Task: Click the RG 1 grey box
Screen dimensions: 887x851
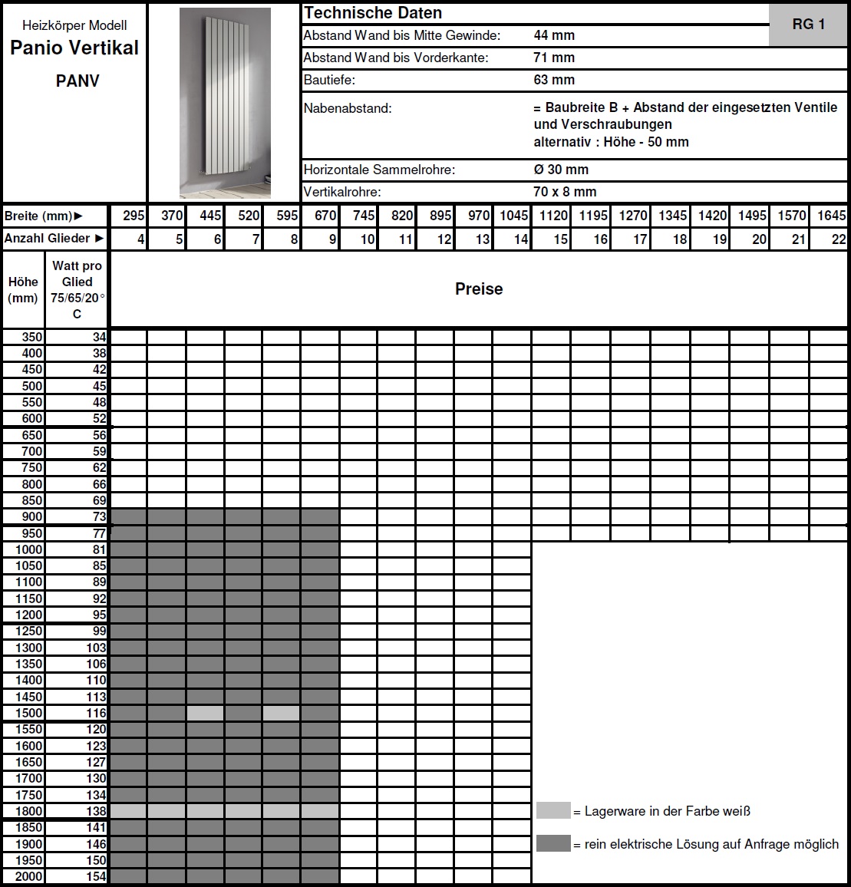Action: point(808,25)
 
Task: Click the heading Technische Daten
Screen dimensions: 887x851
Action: point(373,13)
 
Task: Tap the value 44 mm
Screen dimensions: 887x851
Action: point(554,35)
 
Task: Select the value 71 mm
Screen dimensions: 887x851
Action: point(554,58)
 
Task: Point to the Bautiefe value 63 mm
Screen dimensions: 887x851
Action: point(554,80)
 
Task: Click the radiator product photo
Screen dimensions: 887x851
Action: point(224,102)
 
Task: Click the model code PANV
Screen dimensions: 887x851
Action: point(78,81)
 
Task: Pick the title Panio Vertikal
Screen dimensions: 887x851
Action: point(74,48)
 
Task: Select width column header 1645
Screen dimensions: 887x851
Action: point(831,216)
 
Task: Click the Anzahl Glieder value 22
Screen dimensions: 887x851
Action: point(839,239)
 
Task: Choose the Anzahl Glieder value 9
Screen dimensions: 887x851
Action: point(332,239)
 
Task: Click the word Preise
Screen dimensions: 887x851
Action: point(479,289)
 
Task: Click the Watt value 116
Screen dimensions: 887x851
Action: point(96,713)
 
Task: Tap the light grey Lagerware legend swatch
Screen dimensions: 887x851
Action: point(553,811)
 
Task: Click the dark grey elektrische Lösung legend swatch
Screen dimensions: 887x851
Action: point(553,844)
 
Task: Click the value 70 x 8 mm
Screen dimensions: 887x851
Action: point(565,192)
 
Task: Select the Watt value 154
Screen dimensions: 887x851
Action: point(96,876)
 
